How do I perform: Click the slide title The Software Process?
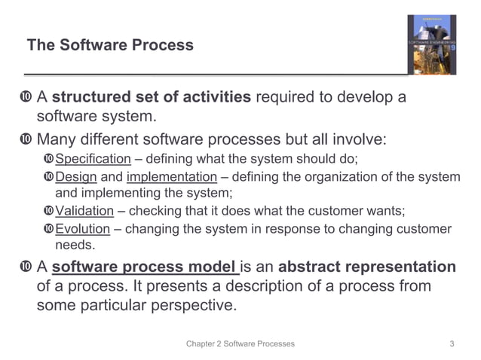[110, 45]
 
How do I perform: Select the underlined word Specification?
[93, 159]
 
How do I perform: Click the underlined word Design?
[76, 177]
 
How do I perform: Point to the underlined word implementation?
[171, 177]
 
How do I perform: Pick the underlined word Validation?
[84, 211]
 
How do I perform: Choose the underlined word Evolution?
[83, 229]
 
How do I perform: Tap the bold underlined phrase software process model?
[145, 267]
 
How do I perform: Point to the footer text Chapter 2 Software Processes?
[240, 343]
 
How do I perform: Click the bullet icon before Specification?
[49, 159]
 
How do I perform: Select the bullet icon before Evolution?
[49, 229]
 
